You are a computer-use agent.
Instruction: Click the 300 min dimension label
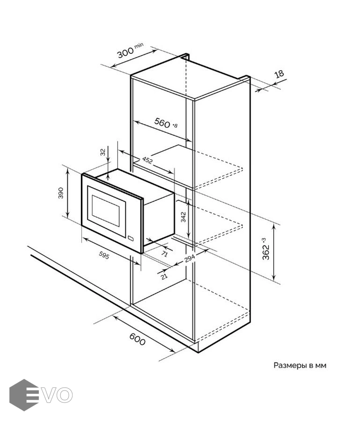click(x=130, y=51)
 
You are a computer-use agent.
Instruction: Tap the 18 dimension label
click(x=279, y=73)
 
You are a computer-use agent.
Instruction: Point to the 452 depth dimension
click(x=147, y=160)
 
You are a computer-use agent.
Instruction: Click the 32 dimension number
click(x=103, y=152)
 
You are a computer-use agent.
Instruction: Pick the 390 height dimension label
click(x=61, y=193)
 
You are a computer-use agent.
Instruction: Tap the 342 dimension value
click(x=183, y=217)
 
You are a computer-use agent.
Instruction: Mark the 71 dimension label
click(x=164, y=254)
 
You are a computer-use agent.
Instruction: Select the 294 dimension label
click(x=190, y=258)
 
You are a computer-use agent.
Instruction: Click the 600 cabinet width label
click(x=137, y=340)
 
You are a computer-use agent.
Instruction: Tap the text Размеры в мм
click(x=300, y=365)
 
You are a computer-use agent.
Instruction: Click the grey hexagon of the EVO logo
click(x=24, y=395)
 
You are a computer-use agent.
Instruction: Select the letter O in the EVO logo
click(x=65, y=395)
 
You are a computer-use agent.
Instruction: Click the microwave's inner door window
click(x=106, y=210)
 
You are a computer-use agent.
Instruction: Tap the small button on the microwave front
click(x=131, y=238)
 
